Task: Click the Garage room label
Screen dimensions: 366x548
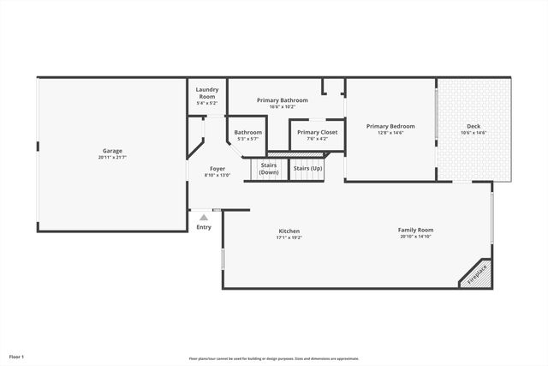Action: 112,151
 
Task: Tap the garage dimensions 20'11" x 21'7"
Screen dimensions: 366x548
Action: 112,158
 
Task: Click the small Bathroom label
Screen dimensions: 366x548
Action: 247,132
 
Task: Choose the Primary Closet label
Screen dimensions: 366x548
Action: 317,132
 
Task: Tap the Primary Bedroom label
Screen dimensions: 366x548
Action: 390,126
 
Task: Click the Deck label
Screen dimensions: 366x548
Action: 473,126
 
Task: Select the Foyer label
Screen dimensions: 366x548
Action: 217,169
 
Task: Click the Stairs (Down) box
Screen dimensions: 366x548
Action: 269,169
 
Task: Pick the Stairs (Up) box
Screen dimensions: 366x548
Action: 307,168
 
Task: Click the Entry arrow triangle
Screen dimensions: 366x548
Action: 203,219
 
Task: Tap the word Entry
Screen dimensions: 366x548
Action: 203,227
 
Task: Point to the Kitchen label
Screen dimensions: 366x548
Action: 289,231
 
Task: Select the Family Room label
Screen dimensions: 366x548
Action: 415,230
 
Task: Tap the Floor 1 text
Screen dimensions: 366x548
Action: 17,356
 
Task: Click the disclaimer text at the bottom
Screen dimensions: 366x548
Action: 274,358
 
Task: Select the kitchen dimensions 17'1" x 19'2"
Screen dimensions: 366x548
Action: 289,238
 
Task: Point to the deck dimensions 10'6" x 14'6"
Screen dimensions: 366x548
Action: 473,133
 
